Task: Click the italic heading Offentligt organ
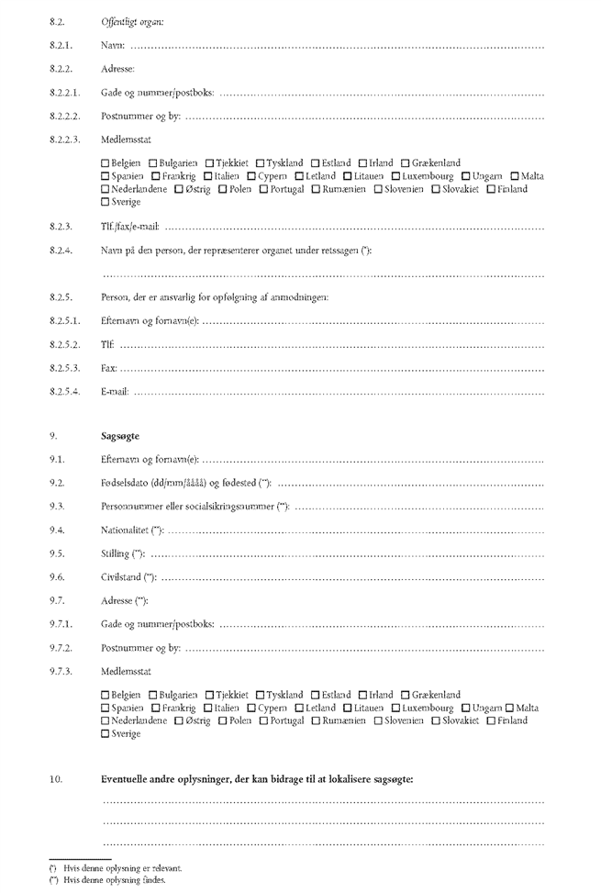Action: click(x=127, y=20)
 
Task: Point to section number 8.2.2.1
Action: click(x=64, y=93)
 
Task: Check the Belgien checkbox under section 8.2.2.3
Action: click(x=106, y=163)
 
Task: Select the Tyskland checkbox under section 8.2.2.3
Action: click(x=261, y=163)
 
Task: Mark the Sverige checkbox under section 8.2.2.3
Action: click(x=106, y=202)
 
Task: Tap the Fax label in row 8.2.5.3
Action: click(x=108, y=368)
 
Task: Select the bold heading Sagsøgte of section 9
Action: click(x=120, y=436)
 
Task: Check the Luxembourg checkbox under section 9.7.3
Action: click(x=395, y=709)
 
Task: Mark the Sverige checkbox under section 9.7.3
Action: click(x=106, y=734)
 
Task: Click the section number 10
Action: click(x=56, y=779)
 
